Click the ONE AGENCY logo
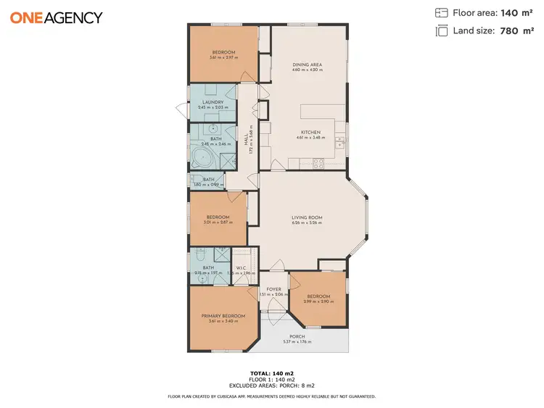pos(56,17)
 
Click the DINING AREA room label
pos(307,64)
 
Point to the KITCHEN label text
pos(310,132)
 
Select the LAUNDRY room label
pos(212,102)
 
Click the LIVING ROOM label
pos(307,217)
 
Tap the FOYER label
pos(273,289)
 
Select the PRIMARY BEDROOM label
pos(223,316)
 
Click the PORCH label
pos(297,336)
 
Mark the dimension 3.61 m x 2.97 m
pos(223,57)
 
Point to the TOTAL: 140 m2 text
pos(271,373)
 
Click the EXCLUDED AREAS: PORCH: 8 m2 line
pos(271,386)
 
